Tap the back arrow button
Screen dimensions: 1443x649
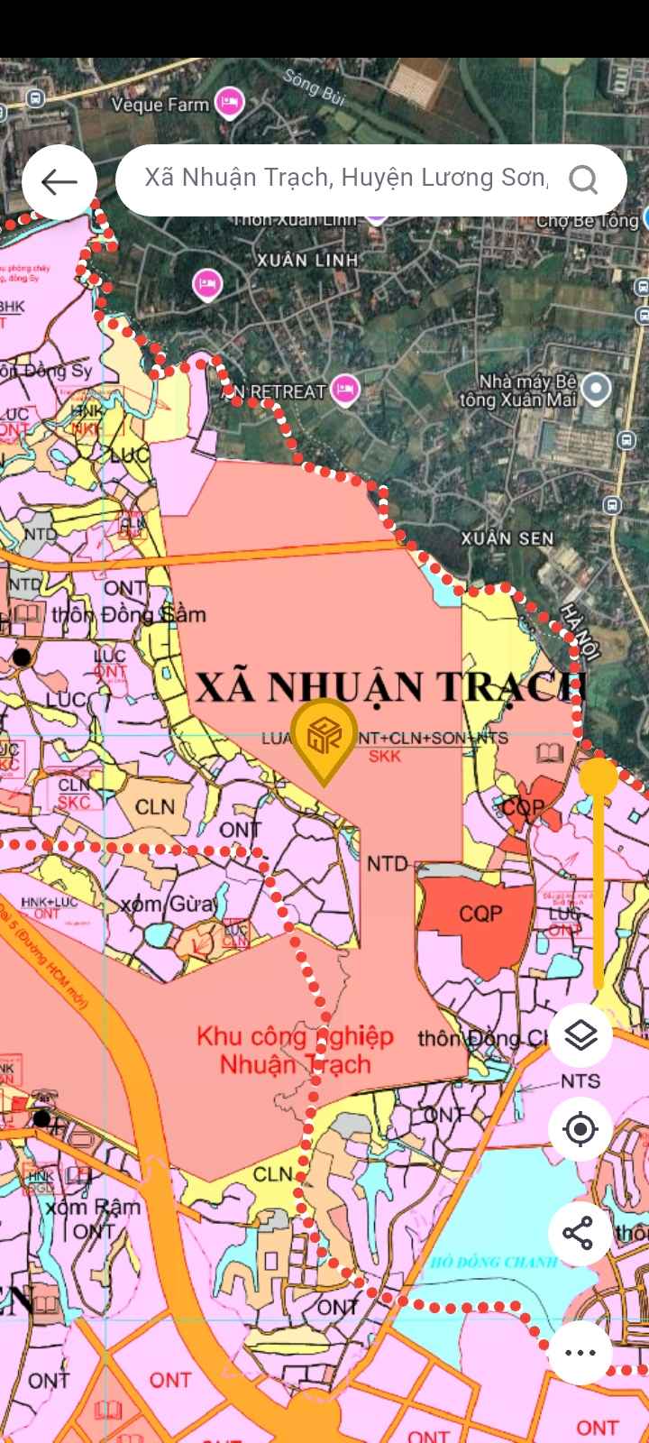click(x=59, y=182)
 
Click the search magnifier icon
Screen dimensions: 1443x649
click(x=583, y=180)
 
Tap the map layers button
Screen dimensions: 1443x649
click(x=580, y=1034)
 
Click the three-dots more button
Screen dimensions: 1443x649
click(x=580, y=1352)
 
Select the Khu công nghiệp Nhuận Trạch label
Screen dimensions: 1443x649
click(x=296, y=1050)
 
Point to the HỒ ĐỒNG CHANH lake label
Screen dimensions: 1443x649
click(x=494, y=1261)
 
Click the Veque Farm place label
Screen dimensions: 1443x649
click(x=160, y=105)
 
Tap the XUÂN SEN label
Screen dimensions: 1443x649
click(x=507, y=538)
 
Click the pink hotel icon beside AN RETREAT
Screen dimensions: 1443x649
click(x=344, y=391)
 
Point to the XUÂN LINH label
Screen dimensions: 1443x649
click(x=307, y=260)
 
